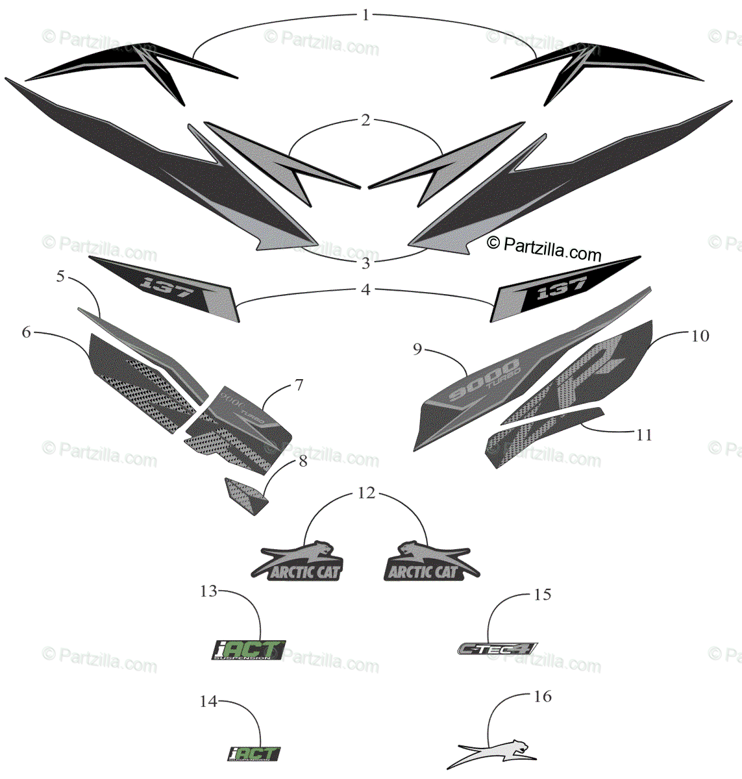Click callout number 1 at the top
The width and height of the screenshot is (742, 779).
click(365, 14)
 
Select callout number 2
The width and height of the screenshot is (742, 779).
click(365, 120)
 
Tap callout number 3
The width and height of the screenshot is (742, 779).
click(365, 263)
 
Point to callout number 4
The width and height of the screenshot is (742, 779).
click(365, 290)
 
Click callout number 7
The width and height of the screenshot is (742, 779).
click(299, 385)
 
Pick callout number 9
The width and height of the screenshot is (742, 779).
click(417, 350)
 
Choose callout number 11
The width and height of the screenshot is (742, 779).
click(643, 434)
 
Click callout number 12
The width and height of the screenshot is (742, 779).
click(366, 493)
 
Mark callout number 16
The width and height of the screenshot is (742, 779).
click(542, 697)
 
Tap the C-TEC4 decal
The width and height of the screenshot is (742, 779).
click(497, 648)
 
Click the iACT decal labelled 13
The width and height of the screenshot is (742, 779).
click(249, 650)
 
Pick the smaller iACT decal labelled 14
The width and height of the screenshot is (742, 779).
click(254, 754)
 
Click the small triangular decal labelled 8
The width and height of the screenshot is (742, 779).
click(245, 497)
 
